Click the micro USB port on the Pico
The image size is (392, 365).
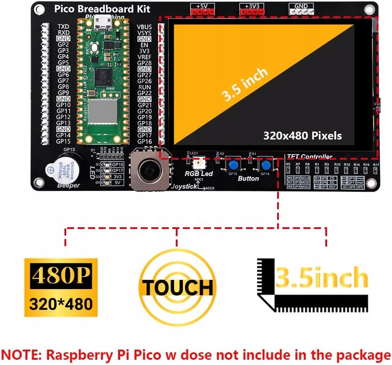[x=105, y=20]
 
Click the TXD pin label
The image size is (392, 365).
[x=63, y=27]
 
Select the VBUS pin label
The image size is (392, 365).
[x=144, y=27]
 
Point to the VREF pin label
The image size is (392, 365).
[x=144, y=57]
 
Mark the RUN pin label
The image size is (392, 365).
[x=144, y=87]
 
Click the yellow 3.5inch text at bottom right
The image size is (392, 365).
[x=321, y=278]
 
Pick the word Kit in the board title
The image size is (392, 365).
[x=141, y=9]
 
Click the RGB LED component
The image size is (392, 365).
[x=198, y=163]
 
